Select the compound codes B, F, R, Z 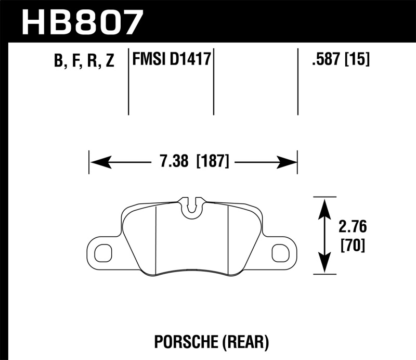pyautogui.click(x=84, y=62)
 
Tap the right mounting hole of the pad pyautogui.click(x=281, y=253)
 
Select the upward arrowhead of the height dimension pyautogui.click(x=324, y=206)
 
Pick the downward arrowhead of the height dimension pyautogui.click(x=324, y=265)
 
